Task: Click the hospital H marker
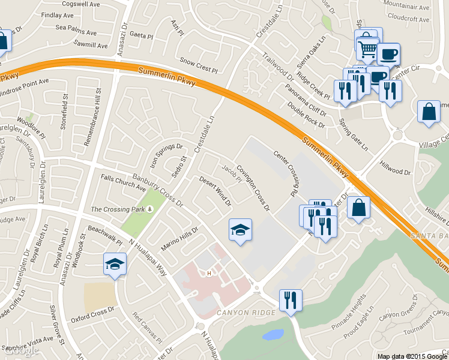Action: click(x=209, y=274)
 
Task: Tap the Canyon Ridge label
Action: click(x=240, y=313)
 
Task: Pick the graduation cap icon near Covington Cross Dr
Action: click(x=240, y=230)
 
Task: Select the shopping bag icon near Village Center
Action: click(x=429, y=112)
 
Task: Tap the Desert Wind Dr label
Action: click(x=215, y=191)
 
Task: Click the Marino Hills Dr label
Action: click(x=179, y=239)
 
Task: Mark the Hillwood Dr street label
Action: click(x=395, y=167)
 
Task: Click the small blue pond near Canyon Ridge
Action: click(x=273, y=334)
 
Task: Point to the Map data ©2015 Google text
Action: click(x=412, y=356)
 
